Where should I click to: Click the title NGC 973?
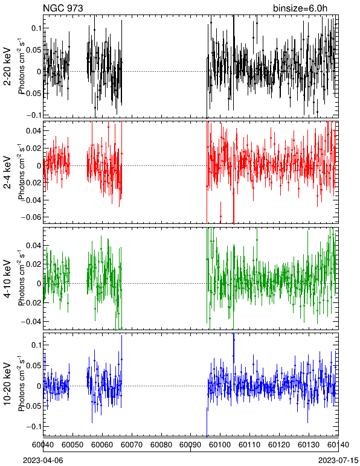(63, 8)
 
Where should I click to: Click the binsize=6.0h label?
(300, 8)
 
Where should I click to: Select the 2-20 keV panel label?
(7, 66)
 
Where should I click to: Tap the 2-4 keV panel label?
(7, 173)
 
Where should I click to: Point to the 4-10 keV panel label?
(7, 278)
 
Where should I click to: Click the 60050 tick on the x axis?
(73, 445)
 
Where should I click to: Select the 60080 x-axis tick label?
(161, 445)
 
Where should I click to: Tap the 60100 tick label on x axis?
(220, 445)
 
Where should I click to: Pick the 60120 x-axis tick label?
(279, 445)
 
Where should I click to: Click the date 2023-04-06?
(43, 461)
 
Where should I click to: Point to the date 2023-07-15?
(338, 461)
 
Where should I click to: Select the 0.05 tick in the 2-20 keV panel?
(34, 50)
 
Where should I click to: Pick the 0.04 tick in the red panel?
(34, 131)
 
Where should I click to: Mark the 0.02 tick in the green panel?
(34, 264)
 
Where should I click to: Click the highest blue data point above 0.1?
(234, 340)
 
